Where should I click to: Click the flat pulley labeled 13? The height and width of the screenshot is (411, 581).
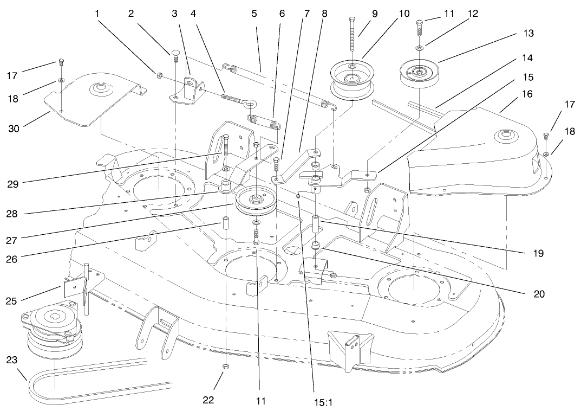coord(419,72)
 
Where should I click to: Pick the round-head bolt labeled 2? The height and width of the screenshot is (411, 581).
coord(175,55)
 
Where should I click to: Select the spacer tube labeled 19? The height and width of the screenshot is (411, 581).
coord(315,224)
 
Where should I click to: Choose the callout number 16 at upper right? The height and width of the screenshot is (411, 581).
coord(511,94)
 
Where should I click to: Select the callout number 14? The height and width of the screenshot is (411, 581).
coord(502,57)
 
